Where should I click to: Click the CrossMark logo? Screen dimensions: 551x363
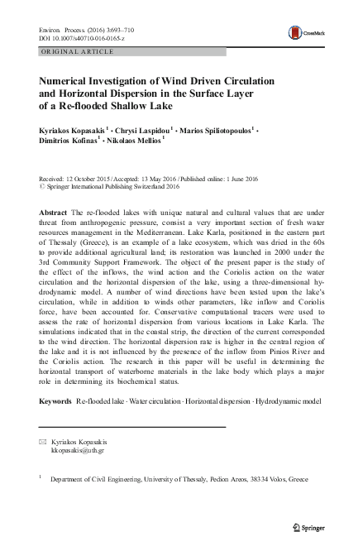[303, 32]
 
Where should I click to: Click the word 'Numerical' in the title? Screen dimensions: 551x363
[69, 84]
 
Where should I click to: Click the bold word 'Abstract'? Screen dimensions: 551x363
[54, 213]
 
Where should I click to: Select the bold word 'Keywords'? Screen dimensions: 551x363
[55, 400]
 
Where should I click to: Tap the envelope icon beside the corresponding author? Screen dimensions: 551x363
[43, 443]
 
